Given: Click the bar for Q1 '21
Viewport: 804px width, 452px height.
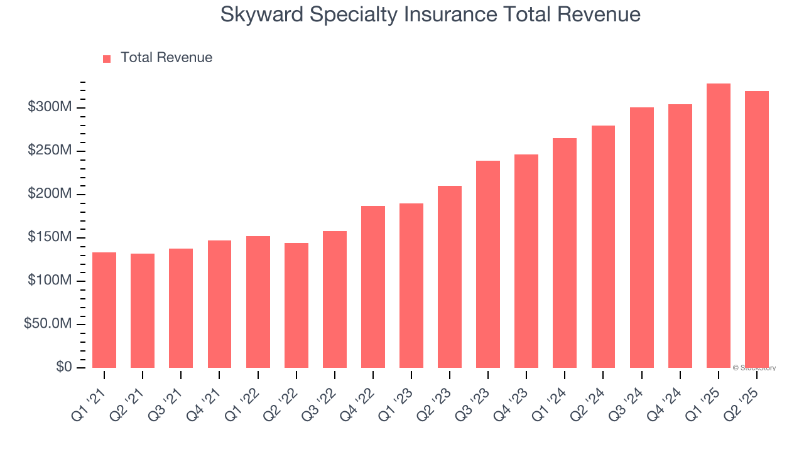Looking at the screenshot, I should (x=104, y=310).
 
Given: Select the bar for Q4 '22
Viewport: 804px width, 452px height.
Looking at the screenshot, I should (x=373, y=287).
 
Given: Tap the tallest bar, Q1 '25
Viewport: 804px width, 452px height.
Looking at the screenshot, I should (x=719, y=226).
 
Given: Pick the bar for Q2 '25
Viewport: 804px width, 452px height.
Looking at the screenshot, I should (x=757, y=230).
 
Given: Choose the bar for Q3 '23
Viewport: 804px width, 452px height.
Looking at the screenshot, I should (x=488, y=264).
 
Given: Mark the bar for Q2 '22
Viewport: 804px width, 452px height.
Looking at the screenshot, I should (x=296, y=305).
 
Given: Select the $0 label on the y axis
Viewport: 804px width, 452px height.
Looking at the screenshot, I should (x=63, y=367).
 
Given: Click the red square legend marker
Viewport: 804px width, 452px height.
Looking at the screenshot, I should (x=107, y=58).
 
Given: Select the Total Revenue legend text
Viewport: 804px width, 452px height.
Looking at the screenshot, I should (x=166, y=58).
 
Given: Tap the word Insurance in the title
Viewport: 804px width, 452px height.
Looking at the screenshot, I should (x=443, y=14).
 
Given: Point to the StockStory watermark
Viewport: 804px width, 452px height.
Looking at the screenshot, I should (x=754, y=368).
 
